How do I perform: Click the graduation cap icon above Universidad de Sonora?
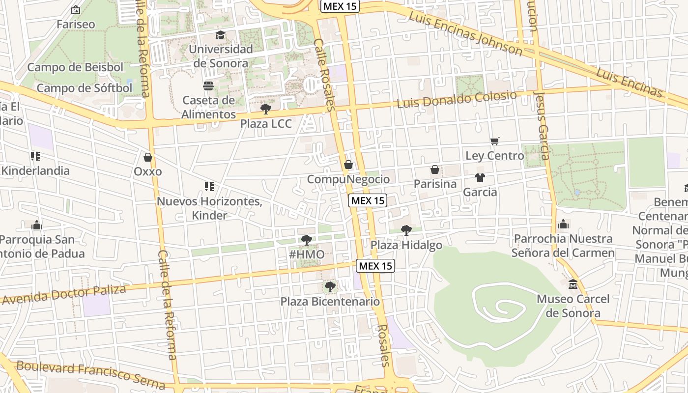220,35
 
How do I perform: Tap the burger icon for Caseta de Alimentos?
208,86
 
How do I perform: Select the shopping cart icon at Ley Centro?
495,141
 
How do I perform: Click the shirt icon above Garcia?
480,178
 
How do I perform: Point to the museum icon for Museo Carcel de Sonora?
573,284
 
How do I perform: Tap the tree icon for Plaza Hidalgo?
406,230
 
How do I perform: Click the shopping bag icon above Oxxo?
147,158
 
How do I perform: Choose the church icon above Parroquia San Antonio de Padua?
37,225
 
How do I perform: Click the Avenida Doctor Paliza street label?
64,294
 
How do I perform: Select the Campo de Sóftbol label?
85,88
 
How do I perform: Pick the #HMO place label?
307,254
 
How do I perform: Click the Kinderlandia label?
35,170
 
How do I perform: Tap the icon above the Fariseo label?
76,10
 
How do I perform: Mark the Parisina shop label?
435,184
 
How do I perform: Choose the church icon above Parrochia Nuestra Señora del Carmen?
563,225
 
